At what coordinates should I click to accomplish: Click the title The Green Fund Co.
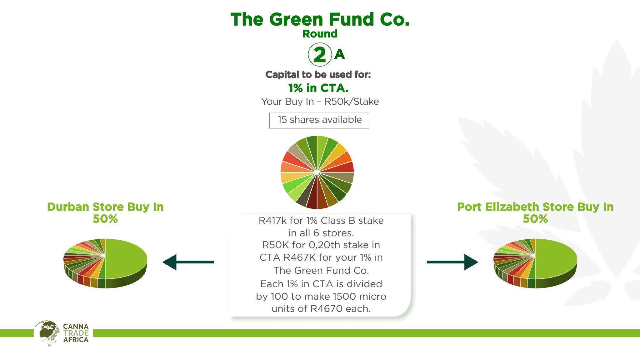320,19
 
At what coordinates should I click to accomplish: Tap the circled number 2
320,55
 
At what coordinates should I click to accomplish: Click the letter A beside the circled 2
339,54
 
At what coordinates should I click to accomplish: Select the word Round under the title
320,34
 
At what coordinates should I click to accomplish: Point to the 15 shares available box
319,120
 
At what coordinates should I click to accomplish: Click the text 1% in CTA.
318,88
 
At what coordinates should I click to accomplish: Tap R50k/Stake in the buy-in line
352,102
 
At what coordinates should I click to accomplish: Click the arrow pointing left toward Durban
188,262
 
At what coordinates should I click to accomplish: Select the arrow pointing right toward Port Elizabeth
453,262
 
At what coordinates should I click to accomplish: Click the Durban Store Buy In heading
105,207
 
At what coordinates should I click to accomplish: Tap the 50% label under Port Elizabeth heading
535,219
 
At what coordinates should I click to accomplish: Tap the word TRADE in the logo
76,333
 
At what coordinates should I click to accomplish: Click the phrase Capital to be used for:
318,75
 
